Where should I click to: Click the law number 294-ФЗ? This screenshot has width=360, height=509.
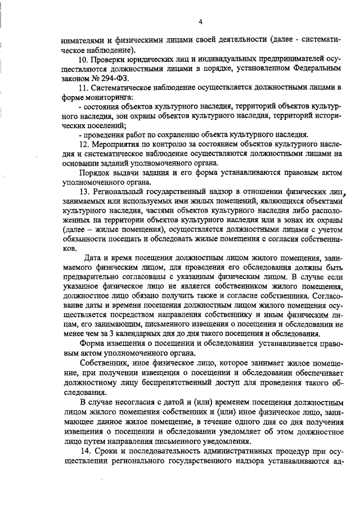(103, 80)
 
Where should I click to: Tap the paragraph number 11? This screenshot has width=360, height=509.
(84, 89)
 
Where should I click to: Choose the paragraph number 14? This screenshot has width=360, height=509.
(85, 451)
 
